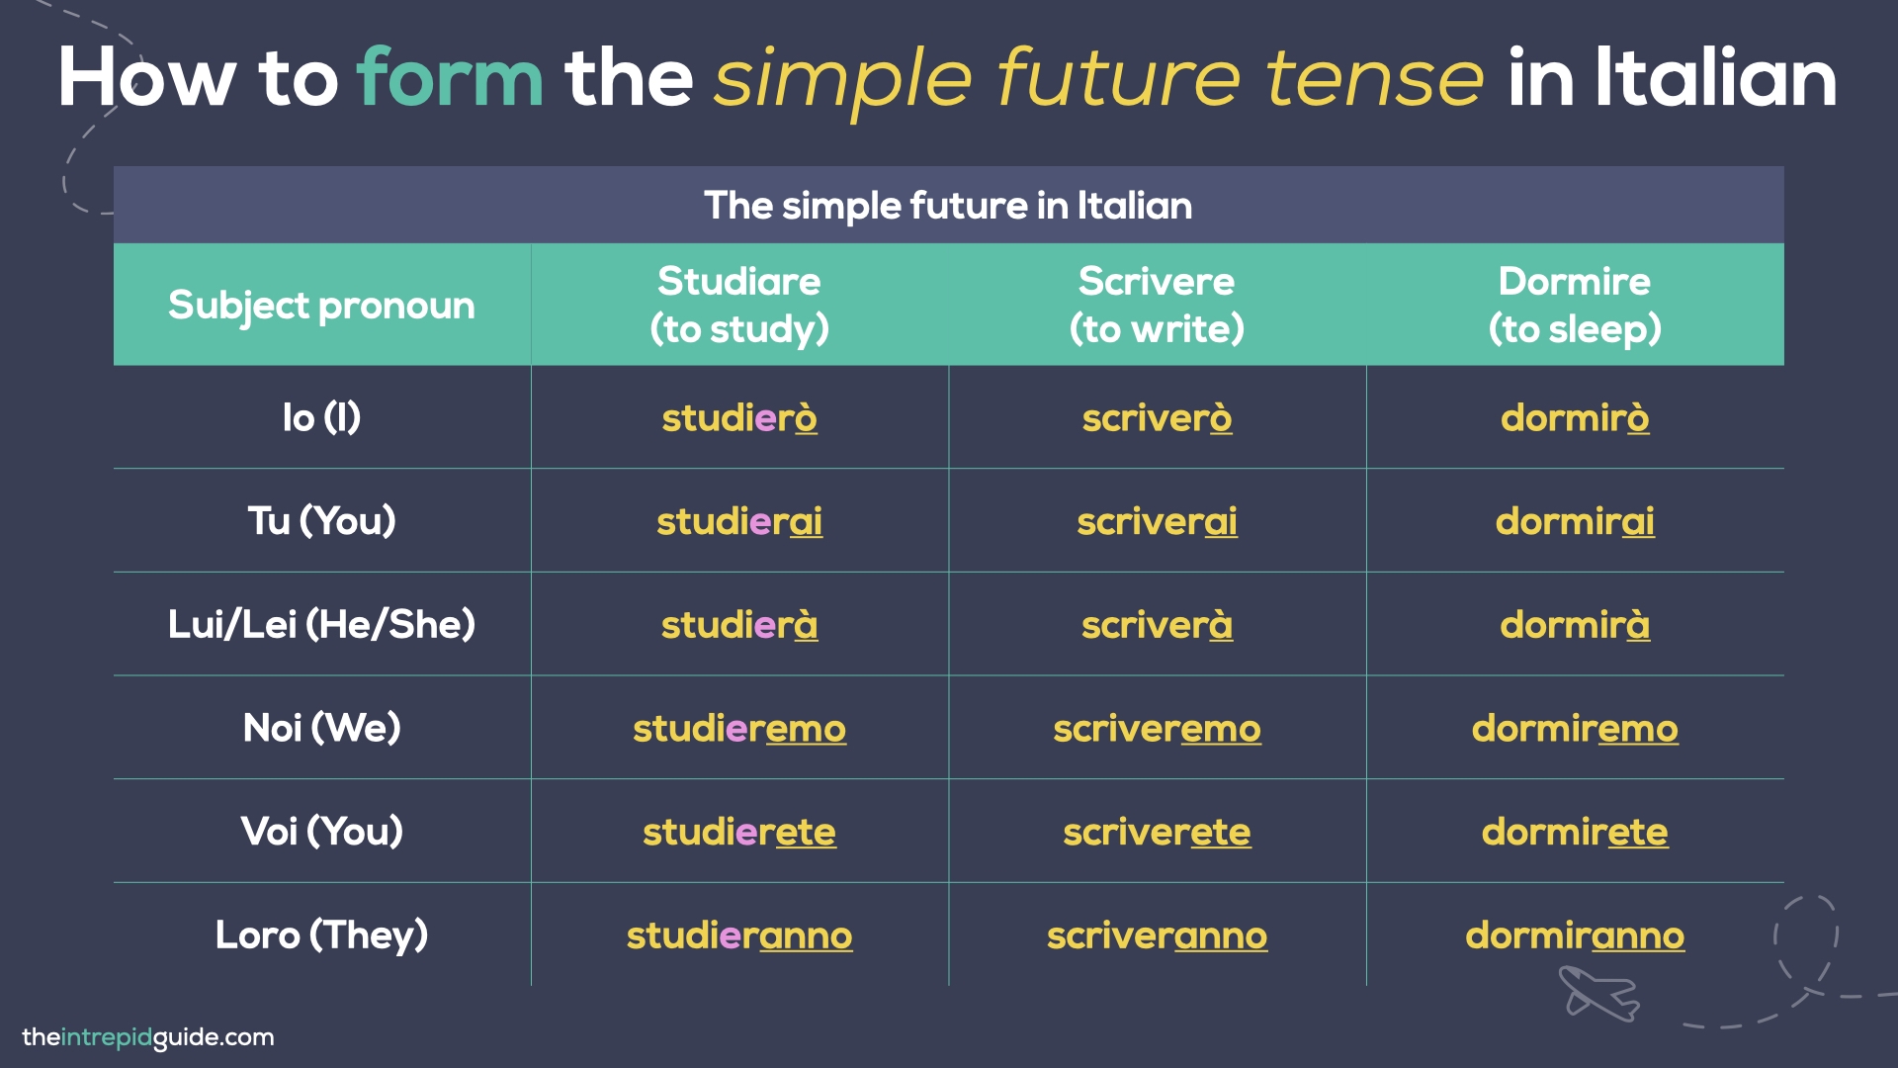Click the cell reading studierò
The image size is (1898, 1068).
[x=739, y=418]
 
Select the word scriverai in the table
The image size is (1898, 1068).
[x=1157, y=521]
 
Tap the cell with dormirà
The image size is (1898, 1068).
[x=1575, y=625]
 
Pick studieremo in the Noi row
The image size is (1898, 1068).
[x=739, y=729]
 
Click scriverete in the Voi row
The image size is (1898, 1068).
[x=1157, y=832]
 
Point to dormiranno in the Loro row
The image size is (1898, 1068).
[x=1575, y=935]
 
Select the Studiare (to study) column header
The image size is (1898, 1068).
[x=739, y=305]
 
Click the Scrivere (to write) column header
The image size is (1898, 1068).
[x=1157, y=305]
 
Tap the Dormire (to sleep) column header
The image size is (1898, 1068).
[x=1575, y=305]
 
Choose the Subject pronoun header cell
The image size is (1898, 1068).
[x=321, y=306]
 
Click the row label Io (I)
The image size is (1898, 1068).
[x=321, y=418]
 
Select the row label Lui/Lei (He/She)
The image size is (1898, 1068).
[x=321, y=625]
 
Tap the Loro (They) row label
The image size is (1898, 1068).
[x=321, y=935]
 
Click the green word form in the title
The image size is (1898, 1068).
[x=450, y=79]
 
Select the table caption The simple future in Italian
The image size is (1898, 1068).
[x=948, y=206]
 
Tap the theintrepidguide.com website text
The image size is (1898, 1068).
[x=148, y=1037]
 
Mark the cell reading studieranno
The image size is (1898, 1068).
[x=739, y=935]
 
